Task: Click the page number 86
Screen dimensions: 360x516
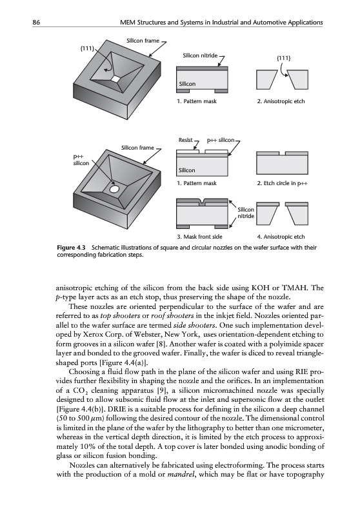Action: pos(36,23)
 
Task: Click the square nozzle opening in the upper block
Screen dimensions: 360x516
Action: pos(115,79)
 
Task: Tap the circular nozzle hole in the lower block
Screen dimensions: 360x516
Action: pos(114,189)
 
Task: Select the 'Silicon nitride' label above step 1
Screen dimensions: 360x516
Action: pos(200,55)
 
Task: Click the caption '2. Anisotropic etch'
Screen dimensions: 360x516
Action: pos(281,101)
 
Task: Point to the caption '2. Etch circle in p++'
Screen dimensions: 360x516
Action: pos(283,183)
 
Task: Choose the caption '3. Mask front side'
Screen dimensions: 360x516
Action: pos(199,237)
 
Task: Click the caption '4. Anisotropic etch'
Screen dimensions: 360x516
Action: pos(281,237)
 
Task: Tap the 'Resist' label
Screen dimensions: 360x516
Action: pos(186,140)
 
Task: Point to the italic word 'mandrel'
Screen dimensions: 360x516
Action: pos(179,475)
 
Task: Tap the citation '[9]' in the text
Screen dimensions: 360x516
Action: pos(165,391)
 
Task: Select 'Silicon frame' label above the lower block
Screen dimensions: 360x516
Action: pos(137,148)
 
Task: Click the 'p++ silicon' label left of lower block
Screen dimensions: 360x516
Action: pos(81,160)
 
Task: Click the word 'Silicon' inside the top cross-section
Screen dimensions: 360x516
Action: pos(187,84)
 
